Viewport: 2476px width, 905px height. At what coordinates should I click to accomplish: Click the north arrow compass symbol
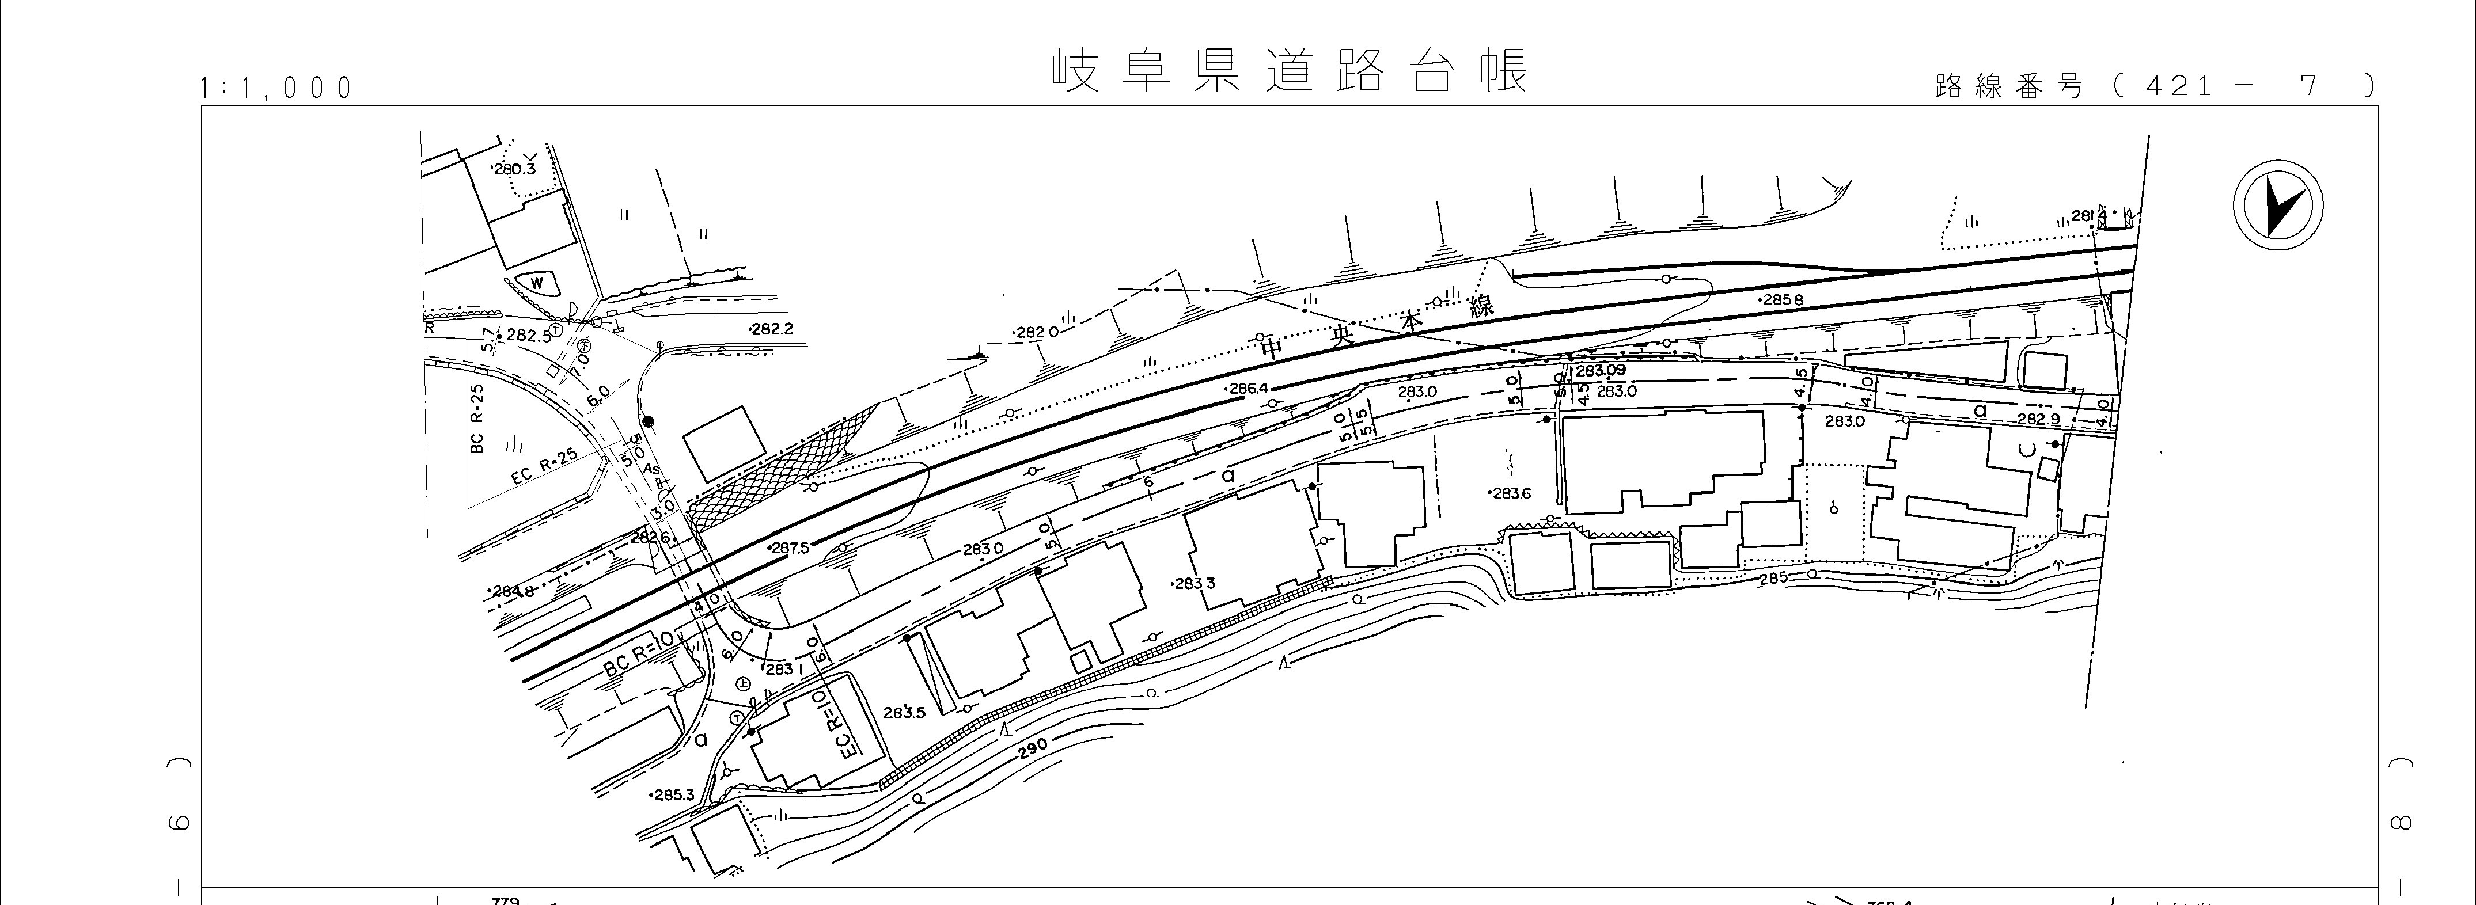click(2277, 207)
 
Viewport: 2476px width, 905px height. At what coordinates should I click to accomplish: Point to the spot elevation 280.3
click(514, 169)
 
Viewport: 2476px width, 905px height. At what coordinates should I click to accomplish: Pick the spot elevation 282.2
click(772, 329)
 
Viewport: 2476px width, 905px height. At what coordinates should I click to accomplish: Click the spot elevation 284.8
click(513, 592)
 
